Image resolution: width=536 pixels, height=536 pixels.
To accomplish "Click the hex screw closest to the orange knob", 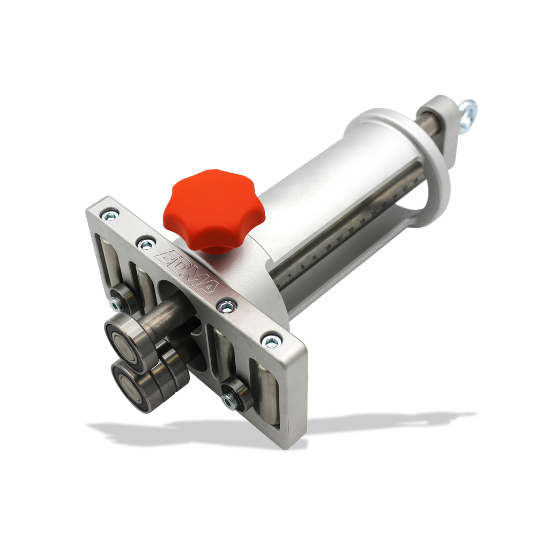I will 146,244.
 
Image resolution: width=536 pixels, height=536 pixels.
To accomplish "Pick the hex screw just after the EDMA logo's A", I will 227,306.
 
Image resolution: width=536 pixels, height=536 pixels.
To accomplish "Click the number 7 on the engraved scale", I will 290,276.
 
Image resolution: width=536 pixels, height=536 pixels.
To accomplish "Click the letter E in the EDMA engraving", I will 163,257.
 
